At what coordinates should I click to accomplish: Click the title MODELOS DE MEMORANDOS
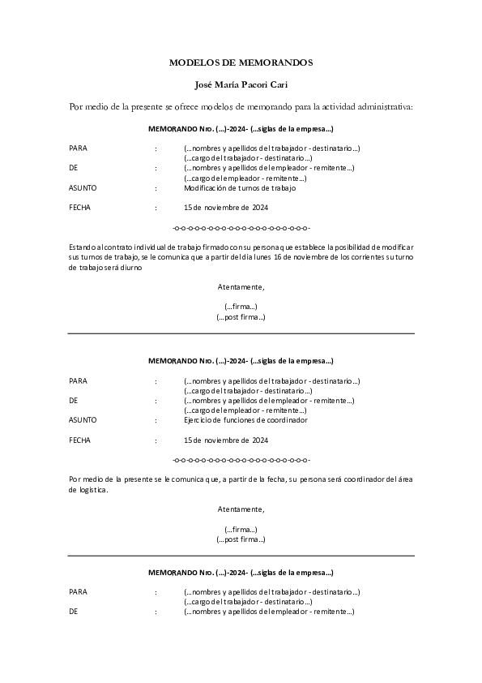(x=241, y=62)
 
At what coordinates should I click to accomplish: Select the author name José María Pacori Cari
(x=241, y=84)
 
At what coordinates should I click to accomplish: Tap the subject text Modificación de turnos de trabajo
(x=240, y=188)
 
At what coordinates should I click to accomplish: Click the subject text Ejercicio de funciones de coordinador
(x=245, y=420)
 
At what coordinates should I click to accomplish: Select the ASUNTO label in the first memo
(x=83, y=188)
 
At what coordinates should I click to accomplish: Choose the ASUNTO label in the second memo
(x=83, y=420)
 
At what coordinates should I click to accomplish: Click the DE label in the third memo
(x=73, y=612)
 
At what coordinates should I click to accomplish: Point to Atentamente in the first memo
(x=241, y=286)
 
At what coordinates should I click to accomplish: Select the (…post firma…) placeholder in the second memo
(x=241, y=539)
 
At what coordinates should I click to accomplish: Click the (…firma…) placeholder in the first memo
(x=241, y=306)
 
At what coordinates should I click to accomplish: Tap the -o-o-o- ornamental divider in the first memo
(x=241, y=227)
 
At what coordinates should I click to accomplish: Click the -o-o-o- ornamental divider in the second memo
(x=241, y=460)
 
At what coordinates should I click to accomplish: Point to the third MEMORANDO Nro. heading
(x=241, y=573)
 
